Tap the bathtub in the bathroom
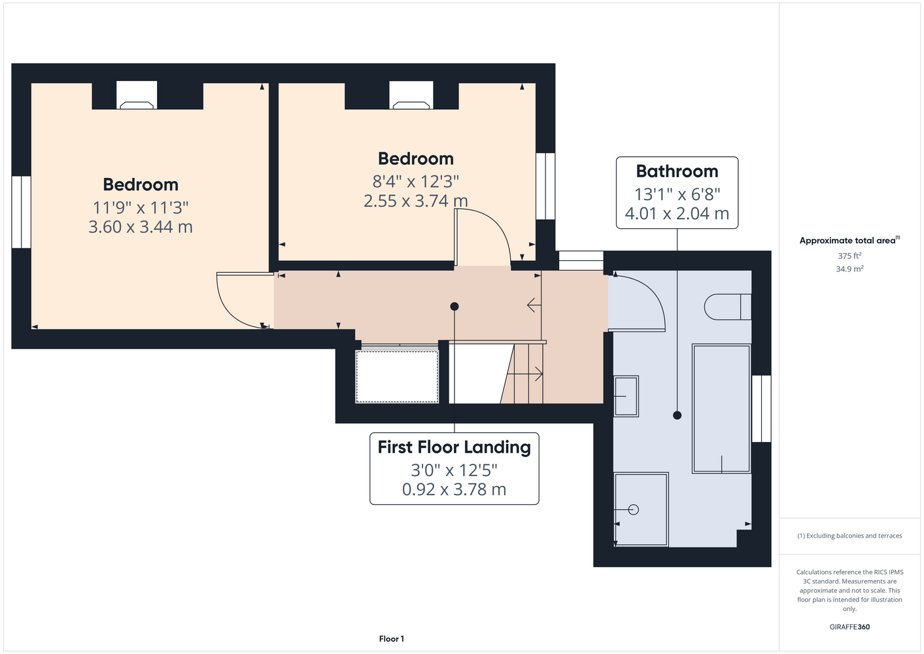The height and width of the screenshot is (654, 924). (x=721, y=409)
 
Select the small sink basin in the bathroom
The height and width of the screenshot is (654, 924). (x=626, y=396)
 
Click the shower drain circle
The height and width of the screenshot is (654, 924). (x=634, y=509)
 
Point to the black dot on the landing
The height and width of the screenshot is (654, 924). (x=454, y=306)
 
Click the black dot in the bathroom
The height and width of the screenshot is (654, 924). (x=677, y=415)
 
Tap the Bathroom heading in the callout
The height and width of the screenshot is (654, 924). (x=677, y=171)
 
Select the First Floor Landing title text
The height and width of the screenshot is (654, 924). (x=454, y=447)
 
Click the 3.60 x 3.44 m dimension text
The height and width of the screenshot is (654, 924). (x=140, y=227)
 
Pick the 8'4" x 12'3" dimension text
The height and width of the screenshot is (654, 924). (x=416, y=181)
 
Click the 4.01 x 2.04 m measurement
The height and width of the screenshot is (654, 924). (x=677, y=213)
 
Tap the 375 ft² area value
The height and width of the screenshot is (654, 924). (x=849, y=256)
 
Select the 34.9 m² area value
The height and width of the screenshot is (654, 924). (x=849, y=269)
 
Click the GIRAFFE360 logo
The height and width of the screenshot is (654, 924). (x=849, y=627)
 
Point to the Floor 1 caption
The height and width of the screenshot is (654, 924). (x=392, y=639)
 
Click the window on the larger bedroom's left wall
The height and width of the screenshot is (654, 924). (x=21, y=212)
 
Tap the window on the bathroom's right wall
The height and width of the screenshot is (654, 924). (x=761, y=409)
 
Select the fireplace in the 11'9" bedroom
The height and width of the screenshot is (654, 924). (x=137, y=95)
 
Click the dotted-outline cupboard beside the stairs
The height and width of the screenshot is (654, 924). (x=397, y=376)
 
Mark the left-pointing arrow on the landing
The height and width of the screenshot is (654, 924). (x=534, y=305)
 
